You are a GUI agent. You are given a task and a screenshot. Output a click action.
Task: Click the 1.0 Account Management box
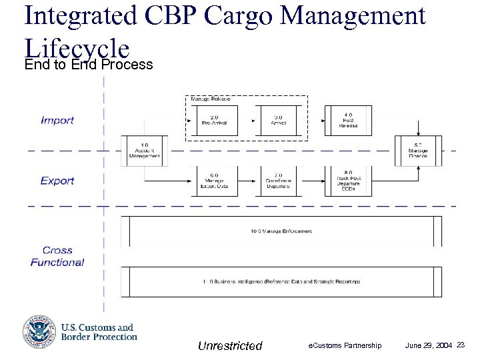pos(144,151)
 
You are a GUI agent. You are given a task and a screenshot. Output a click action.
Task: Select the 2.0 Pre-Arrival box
pos(214,120)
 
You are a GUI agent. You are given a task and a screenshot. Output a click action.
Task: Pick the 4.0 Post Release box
pos(347,120)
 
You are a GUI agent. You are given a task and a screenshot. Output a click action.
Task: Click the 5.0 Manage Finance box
pos(418,151)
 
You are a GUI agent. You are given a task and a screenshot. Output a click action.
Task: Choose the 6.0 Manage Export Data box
pos(214,181)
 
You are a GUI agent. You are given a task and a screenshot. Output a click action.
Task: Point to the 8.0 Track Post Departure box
pos(347,181)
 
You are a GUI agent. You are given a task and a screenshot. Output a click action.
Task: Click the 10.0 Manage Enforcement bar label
pos(281,231)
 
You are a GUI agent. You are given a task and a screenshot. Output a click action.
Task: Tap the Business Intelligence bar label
pos(281,282)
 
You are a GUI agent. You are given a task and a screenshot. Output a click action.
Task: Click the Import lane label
pos(57,121)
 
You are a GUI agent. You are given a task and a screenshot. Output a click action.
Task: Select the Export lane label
pos(57,181)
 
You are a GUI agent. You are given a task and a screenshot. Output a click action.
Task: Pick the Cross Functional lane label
pos(57,257)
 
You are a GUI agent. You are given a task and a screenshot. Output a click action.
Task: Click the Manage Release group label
pos(207,99)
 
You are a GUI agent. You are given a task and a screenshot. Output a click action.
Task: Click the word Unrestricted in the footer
pos(230,345)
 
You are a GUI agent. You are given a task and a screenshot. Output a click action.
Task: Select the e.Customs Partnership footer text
pos(345,345)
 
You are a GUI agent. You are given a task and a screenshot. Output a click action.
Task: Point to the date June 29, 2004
pos(428,345)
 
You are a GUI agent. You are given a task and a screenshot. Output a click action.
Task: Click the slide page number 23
pos(461,345)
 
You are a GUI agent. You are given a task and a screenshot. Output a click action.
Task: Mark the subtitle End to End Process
pos(88,65)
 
